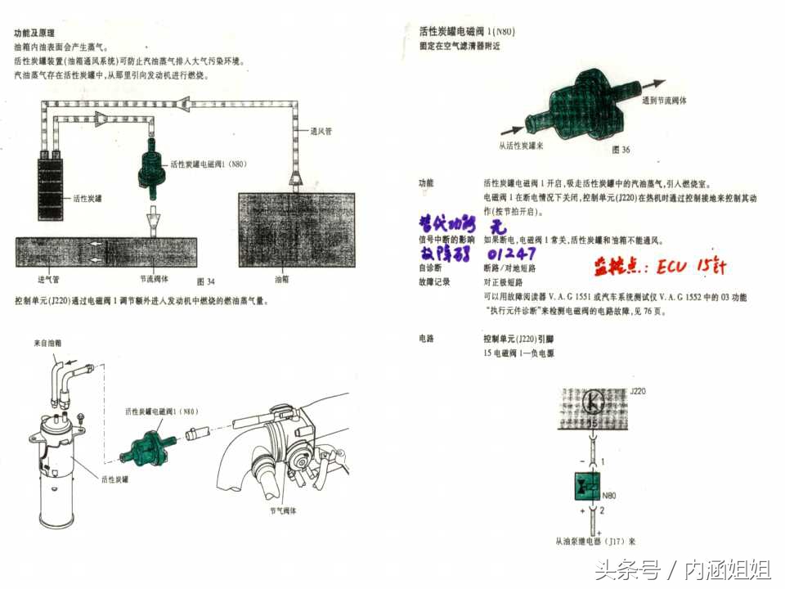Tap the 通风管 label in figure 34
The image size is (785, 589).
(321, 131)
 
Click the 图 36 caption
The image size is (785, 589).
(621, 150)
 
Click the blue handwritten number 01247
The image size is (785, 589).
(511, 254)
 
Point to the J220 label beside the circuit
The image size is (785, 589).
(639, 393)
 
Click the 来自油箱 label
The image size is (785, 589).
(47, 343)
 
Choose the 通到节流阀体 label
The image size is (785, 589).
(664, 101)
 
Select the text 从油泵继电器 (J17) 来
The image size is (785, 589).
(595, 541)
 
